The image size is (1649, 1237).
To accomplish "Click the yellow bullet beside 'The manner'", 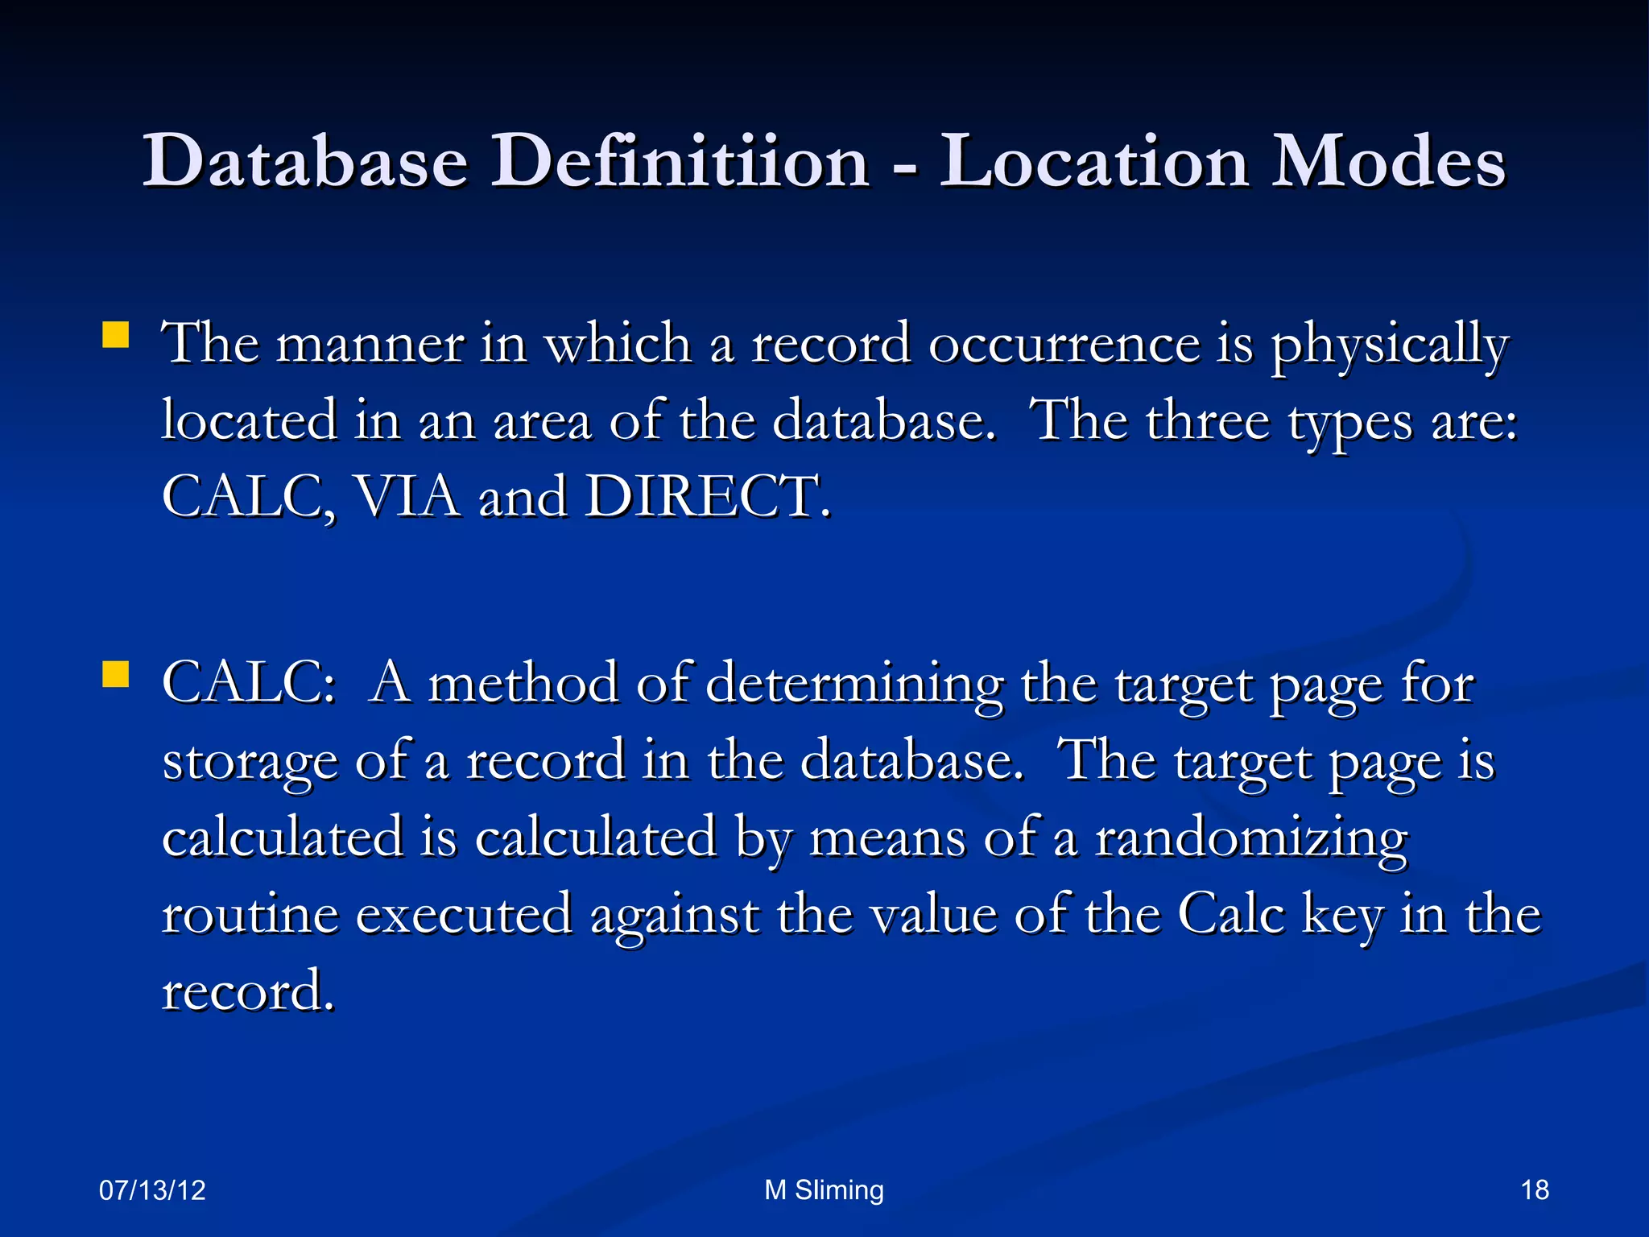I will (116, 335).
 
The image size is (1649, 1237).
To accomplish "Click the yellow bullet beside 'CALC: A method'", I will (116, 675).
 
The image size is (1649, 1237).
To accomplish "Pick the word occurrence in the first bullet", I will (1064, 344).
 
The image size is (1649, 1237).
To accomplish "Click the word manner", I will (370, 344).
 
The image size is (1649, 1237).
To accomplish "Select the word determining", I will (854, 685).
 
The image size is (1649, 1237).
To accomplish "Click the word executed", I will (464, 915).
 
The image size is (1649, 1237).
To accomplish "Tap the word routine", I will (250, 915).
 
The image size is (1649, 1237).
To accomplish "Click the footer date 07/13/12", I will (152, 1189).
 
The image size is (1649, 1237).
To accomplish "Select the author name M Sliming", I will (824, 1189).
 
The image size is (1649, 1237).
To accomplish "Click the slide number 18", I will (1535, 1189).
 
